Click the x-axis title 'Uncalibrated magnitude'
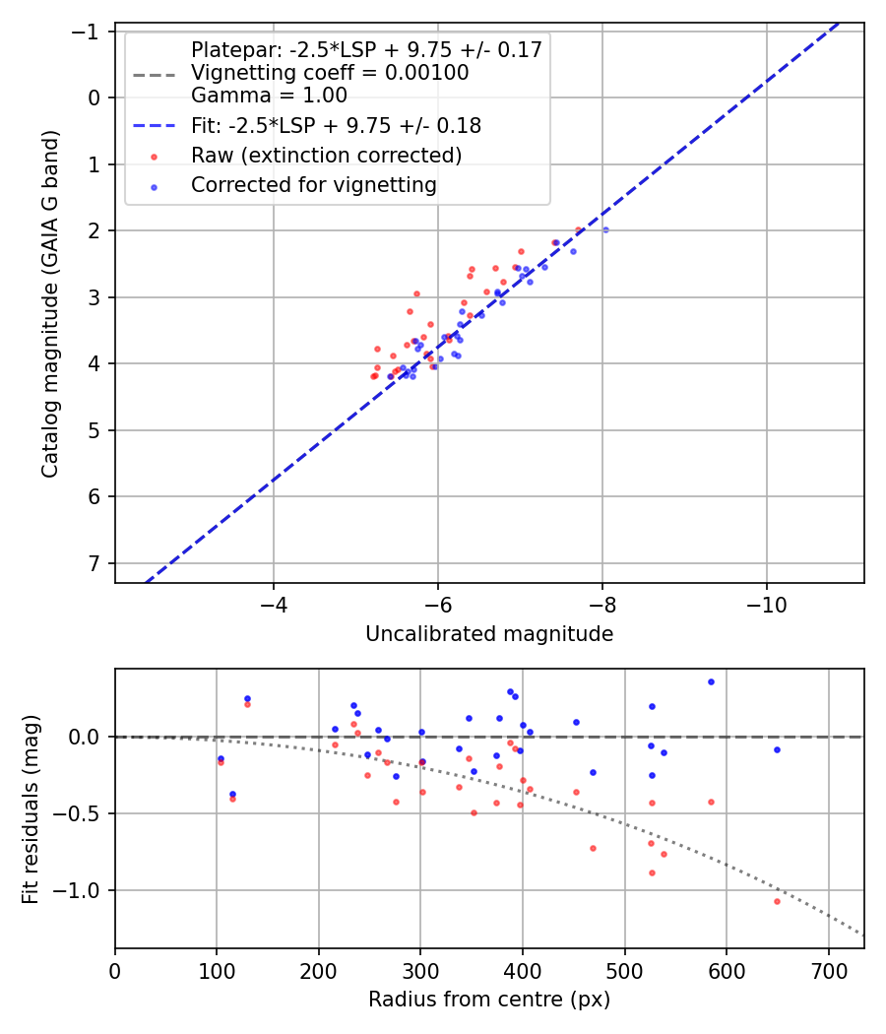pyautogui.click(x=489, y=634)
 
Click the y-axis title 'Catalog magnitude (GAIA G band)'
pyautogui.click(x=50, y=303)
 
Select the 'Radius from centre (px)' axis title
pyautogui.click(x=489, y=1000)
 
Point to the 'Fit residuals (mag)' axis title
pyautogui.click(x=31, y=808)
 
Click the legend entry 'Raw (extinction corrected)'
pyautogui.click(x=326, y=156)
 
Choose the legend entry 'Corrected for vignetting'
pyautogui.click(x=313, y=185)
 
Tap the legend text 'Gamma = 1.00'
pyautogui.click(x=269, y=96)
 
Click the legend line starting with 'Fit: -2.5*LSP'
pyautogui.click(x=336, y=126)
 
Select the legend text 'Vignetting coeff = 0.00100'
pyautogui.click(x=330, y=73)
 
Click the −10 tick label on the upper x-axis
pyautogui.click(x=766, y=604)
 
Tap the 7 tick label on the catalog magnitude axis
pyautogui.click(x=95, y=563)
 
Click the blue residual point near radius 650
pyautogui.click(x=777, y=749)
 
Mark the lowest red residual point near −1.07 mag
pyautogui.click(x=777, y=901)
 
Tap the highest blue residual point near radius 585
pyautogui.click(x=711, y=681)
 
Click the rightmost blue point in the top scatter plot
pyautogui.click(x=605, y=229)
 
